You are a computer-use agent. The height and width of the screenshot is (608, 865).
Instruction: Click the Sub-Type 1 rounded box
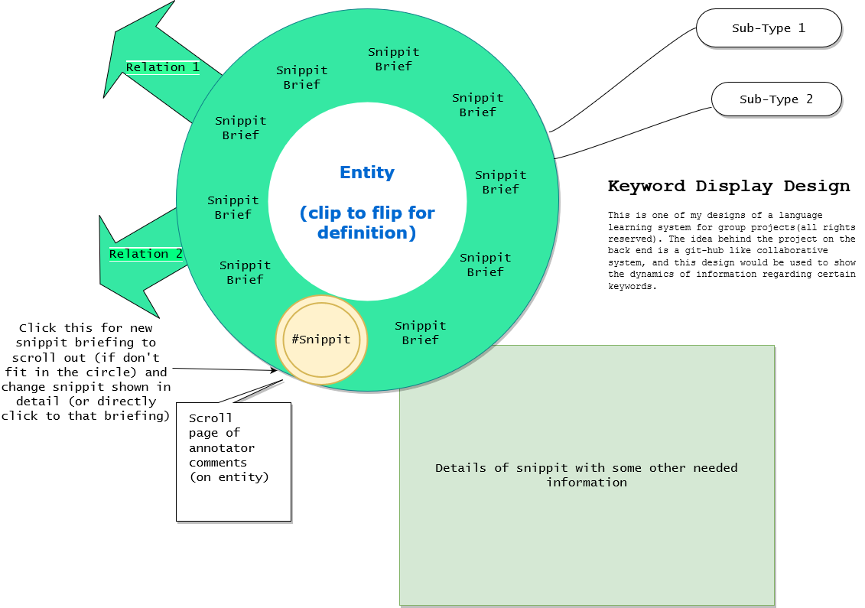769,28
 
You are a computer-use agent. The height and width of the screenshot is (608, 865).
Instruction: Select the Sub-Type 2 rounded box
776,99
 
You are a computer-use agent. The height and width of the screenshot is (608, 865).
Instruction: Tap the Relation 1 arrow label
162,67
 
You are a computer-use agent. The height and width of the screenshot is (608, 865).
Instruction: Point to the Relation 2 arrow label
145,254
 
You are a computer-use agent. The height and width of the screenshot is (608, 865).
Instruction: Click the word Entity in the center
367,173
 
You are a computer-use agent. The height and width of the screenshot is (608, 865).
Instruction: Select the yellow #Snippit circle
321,340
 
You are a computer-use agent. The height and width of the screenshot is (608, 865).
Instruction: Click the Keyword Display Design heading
728,186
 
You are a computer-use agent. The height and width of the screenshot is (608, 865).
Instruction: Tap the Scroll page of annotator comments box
233,462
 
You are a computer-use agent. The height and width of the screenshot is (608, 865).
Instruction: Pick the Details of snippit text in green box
587,475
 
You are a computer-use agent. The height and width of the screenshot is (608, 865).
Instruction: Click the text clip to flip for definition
367,223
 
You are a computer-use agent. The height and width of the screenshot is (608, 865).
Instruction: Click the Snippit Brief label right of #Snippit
420,333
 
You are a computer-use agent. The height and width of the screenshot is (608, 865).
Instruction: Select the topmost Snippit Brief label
393,59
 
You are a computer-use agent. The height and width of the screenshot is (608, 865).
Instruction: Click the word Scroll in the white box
210,418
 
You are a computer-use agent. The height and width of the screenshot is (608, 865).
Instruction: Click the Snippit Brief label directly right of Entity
500,182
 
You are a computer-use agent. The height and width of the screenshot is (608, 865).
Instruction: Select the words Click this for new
86,328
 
